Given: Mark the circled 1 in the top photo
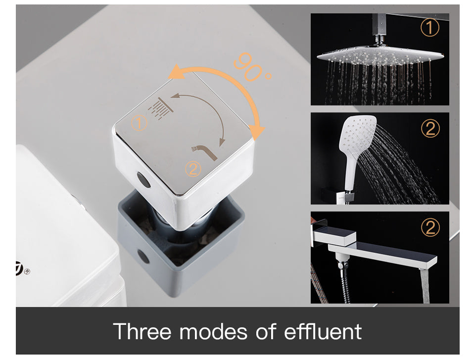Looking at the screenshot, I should (x=429, y=28).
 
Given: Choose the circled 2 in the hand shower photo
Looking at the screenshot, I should (x=429, y=129).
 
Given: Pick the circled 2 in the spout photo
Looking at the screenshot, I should (x=429, y=228).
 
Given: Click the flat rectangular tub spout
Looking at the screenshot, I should (x=391, y=253).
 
